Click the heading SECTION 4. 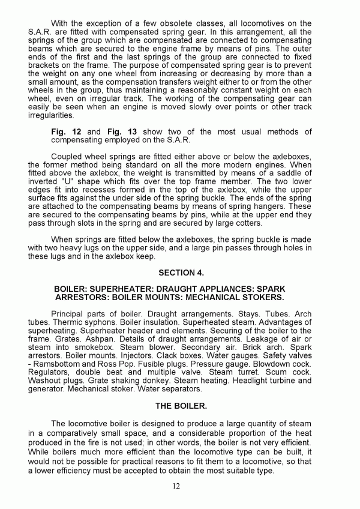click(179, 272)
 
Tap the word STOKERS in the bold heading click(262, 297)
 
